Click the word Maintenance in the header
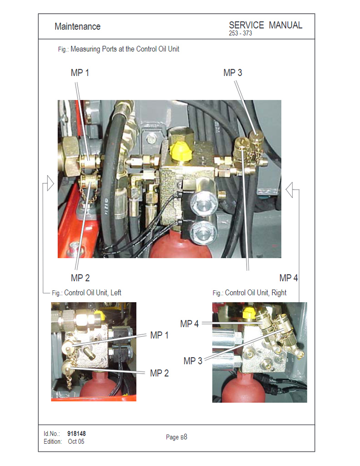[x=77, y=26]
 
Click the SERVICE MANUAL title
[x=265, y=25]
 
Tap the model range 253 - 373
[x=240, y=33]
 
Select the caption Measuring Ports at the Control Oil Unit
[x=125, y=49]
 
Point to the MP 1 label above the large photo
[x=80, y=72]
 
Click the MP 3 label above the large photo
[x=233, y=72]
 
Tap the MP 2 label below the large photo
[x=80, y=278]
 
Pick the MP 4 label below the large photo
[x=289, y=278]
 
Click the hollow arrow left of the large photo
[x=50, y=183]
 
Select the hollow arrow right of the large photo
[x=289, y=190]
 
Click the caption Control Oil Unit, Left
[x=93, y=293]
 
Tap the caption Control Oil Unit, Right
[x=256, y=293]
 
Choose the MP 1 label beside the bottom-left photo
[x=159, y=335]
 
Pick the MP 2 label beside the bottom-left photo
[x=159, y=373]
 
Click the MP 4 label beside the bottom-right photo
[x=189, y=324]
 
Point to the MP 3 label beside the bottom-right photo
[x=193, y=361]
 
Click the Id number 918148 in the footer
[x=76, y=434]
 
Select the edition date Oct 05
[x=76, y=441]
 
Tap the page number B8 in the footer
[x=184, y=437]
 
